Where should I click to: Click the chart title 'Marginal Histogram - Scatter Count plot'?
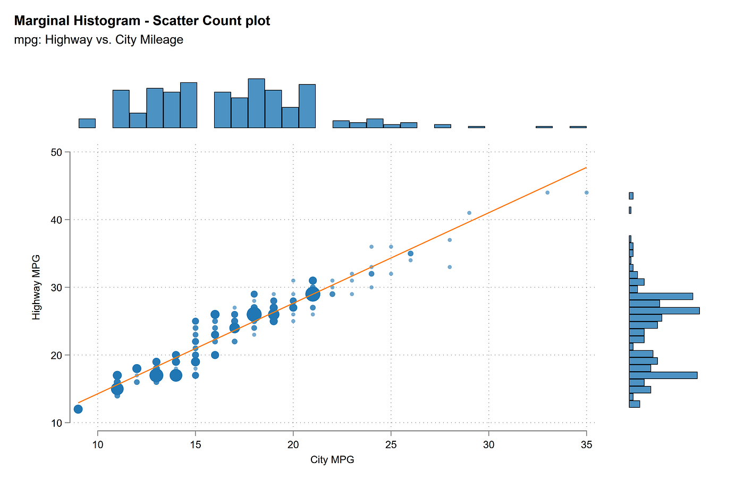tap(142, 21)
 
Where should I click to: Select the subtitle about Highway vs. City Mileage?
tap(98, 40)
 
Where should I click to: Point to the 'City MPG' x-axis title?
tap(332, 460)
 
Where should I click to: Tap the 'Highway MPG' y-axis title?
tap(36, 287)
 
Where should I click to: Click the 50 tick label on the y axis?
tap(56, 153)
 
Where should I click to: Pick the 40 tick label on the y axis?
tap(56, 220)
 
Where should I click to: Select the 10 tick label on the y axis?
tap(56, 423)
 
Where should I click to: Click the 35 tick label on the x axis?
tap(586, 444)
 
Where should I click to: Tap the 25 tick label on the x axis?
tap(391, 444)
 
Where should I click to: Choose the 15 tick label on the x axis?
tap(196, 444)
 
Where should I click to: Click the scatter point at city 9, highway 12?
tap(78, 409)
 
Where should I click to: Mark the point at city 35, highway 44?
tap(586, 192)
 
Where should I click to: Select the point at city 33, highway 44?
tap(547, 192)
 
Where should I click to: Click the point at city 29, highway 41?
tap(469, 213)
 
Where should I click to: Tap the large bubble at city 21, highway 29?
tap(312, 294)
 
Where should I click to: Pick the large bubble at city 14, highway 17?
tap(176, 375)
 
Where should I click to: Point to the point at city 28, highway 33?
tap(450, 267)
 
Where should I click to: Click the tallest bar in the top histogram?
tap(256, 103)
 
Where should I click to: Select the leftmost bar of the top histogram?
tap(87, 123)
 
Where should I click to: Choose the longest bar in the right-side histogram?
tap(664, 310)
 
